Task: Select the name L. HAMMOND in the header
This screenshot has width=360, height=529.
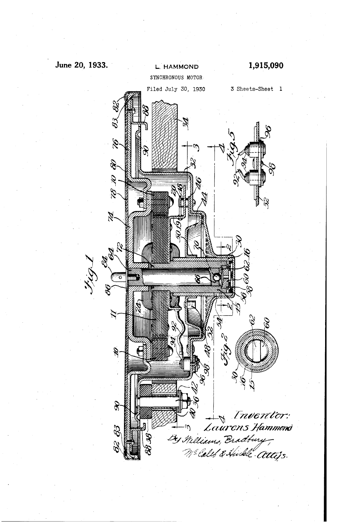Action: pos(177,67)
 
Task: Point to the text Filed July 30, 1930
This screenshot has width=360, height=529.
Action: pos(176,89)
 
